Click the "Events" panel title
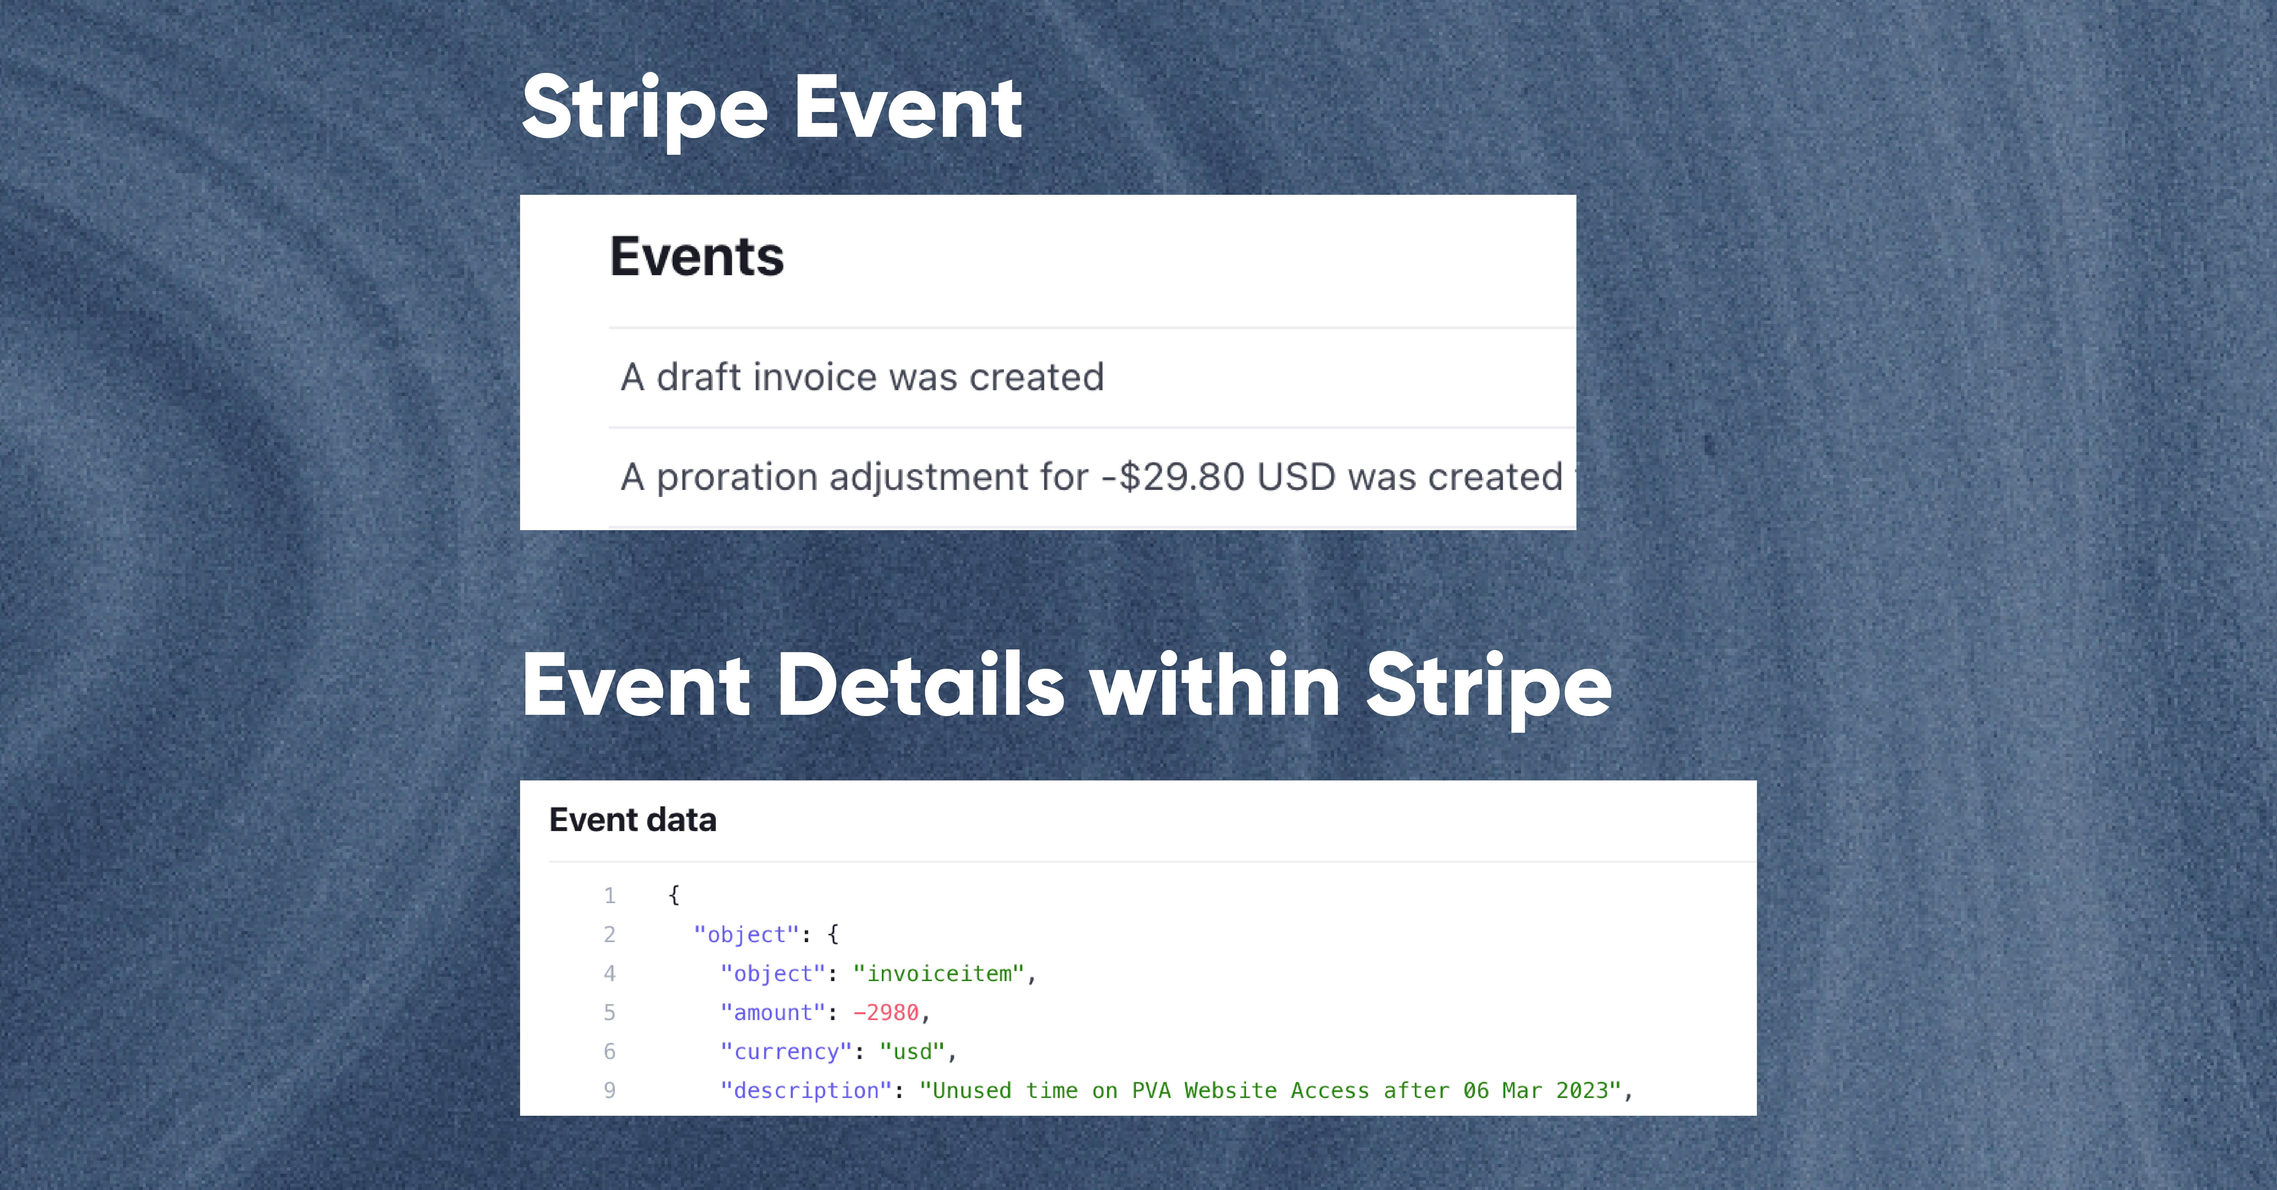[697, 256]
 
